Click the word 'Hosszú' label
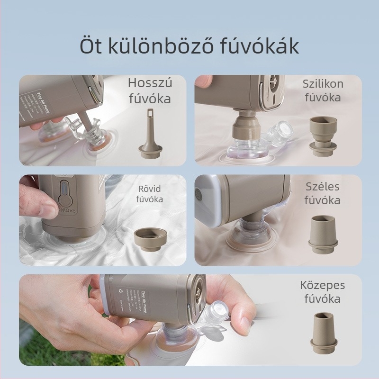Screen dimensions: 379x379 [x=150, y=84]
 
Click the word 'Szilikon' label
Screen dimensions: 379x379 [x=323, y=84]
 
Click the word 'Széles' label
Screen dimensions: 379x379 [x=323, y=186]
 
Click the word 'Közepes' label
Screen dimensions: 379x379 [x=323, y=285]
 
